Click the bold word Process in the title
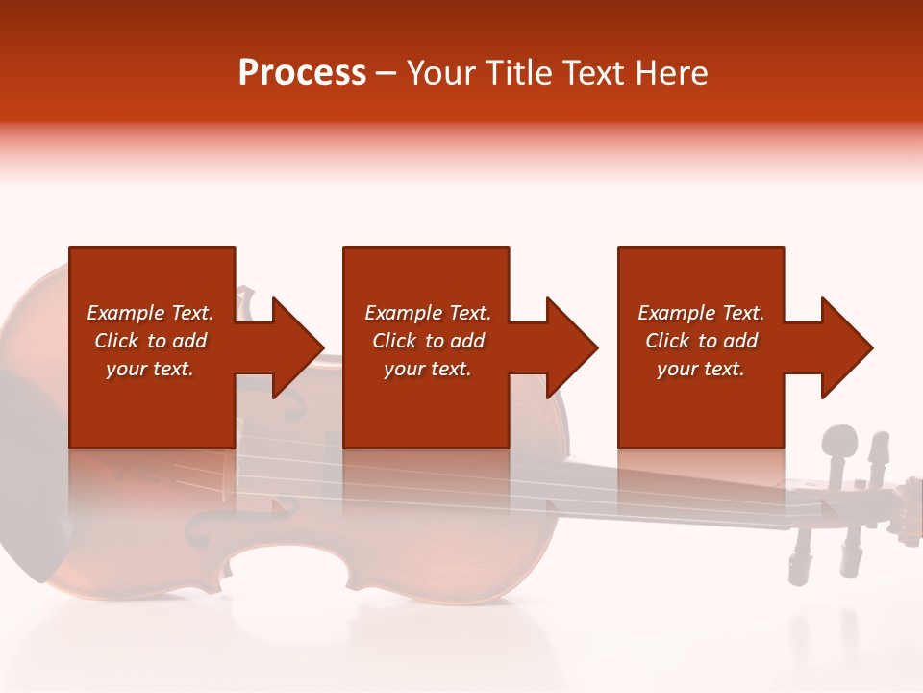302,73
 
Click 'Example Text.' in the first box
150,313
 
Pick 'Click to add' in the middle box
428,341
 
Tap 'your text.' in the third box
700,369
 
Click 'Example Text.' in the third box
700,313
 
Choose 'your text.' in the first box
150,369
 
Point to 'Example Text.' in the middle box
428,313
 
